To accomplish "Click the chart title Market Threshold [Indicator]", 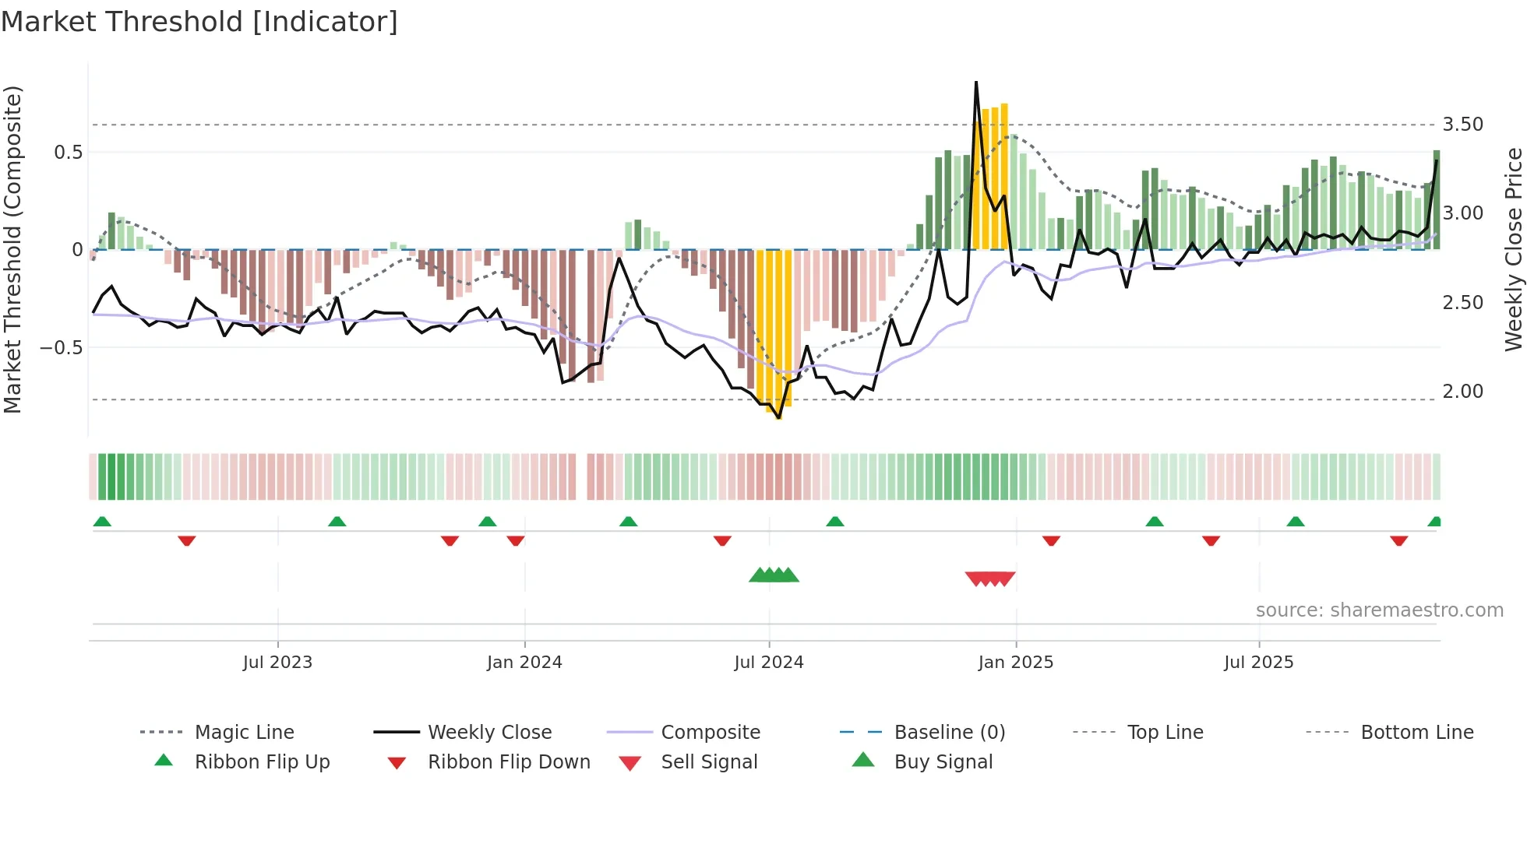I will point(199,22).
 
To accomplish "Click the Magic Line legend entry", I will point(244,732).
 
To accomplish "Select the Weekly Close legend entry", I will point(489,732).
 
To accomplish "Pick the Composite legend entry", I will point(710,732).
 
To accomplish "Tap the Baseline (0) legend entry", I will point(949,732).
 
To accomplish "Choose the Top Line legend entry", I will point(1165,732).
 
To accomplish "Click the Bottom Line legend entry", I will point(1416,732).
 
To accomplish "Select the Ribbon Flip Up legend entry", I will point(262,761).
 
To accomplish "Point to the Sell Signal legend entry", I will point(708,761).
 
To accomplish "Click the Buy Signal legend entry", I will point(943,761).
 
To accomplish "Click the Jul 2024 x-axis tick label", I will point(768,662).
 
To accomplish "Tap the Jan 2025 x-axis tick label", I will point(1015,662).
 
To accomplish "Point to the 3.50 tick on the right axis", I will point(1462,125).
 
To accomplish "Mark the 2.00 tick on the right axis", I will point(1462,392).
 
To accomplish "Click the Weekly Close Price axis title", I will point(1513,249).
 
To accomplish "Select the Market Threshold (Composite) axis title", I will point(12,249).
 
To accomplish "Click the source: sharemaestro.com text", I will point(1379,610).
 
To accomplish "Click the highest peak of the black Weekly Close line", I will point(976,83).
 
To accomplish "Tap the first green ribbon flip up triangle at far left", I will point(102,522).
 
